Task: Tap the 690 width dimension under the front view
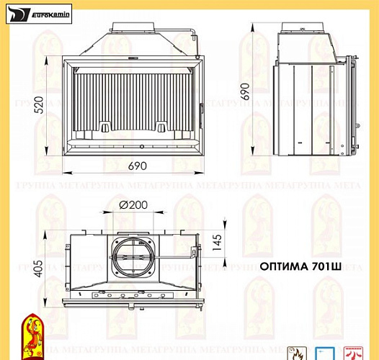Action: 137,166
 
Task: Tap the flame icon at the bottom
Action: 295,354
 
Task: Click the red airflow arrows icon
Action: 352,354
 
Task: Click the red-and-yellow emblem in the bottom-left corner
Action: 31,335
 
